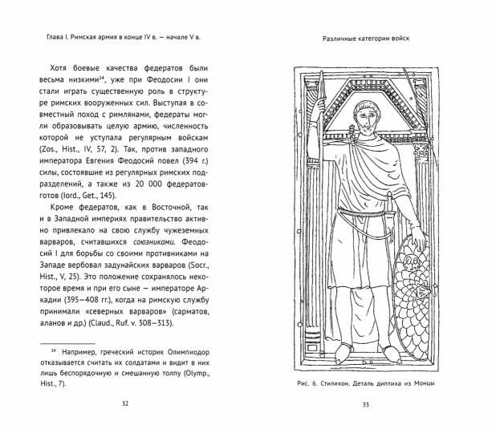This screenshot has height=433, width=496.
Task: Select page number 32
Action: (124, 403)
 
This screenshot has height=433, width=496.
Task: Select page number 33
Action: (365, 403)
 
